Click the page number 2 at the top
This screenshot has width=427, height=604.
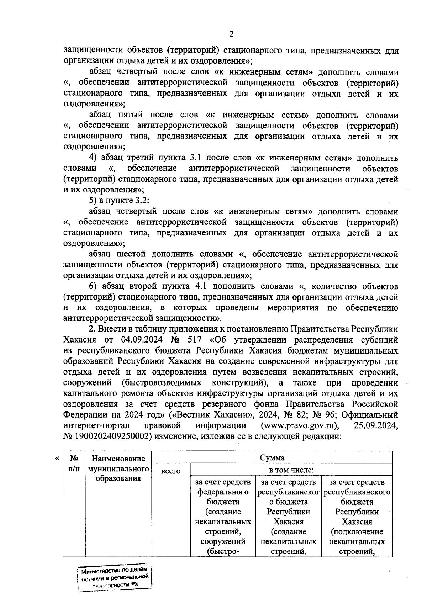pyautogui.click(x=231, y=35)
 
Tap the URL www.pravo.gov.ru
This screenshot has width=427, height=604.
pyautogui.click(x=300, y=425)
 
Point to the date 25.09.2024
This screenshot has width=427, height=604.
pyautogui.click(x=376, y=425)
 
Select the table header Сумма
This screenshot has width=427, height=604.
pyautogui.click(x=272, y=457)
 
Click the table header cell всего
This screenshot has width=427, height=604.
pyautogui.click(x=171, y=471)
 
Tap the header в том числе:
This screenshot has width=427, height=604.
pyautogui.click(x=291, y=470)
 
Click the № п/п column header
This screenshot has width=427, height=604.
pyautogui.click(x=74, y=463)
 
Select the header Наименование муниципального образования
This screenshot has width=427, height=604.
pyautogui.click(x=118, y=468)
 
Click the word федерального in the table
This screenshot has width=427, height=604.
pyautogui.click(x=223, y=492)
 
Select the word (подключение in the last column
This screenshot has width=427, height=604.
pyautogui.click(x=357, y=532)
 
